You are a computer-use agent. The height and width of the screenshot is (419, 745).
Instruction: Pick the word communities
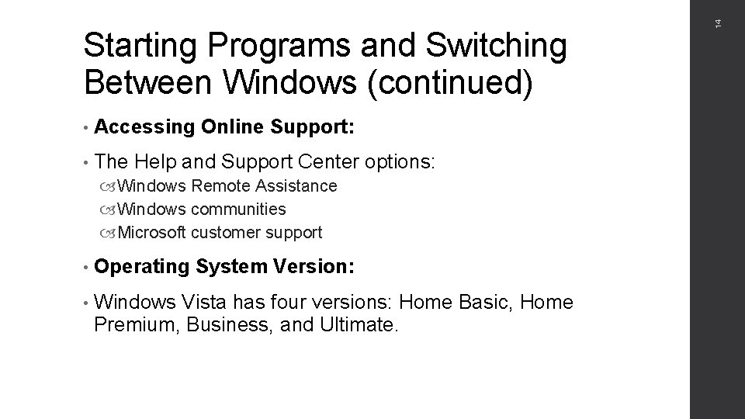click(x=238, y=209)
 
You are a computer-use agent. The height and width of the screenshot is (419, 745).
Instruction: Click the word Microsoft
click(x=153, y=232)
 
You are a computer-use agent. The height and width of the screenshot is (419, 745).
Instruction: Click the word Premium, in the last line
click(x=136, y=324)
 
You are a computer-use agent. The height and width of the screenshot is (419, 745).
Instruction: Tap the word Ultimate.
click(x=358, y=324)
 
